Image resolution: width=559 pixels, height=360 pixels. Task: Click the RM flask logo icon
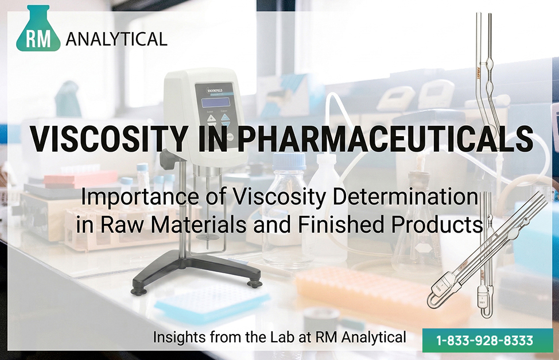[38, 29]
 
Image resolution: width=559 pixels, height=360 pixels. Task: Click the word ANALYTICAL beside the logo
[117, 39]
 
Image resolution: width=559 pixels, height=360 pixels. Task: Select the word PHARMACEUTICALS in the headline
[385, 138]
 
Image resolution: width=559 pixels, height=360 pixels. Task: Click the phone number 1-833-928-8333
[485, 340]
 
